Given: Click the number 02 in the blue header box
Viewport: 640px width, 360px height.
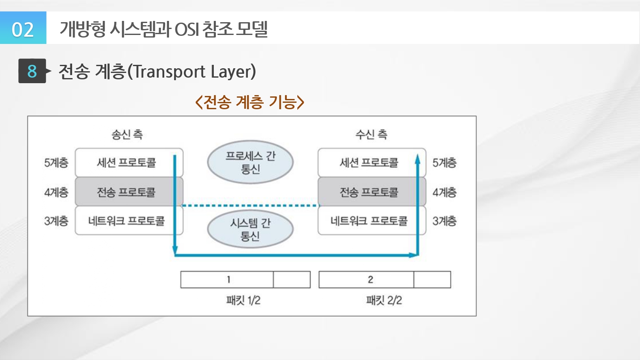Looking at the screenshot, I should (x=23, y=29).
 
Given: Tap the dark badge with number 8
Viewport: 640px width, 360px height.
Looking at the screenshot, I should (x=32, y=71).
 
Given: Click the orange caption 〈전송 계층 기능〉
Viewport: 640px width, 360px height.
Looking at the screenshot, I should (x=250, y=102).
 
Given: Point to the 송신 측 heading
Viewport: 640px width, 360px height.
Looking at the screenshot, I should (x=127, y=135).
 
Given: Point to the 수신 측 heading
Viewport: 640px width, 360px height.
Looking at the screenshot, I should (x=371, y=135).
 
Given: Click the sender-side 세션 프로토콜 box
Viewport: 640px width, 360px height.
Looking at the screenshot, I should (x=126, y=163).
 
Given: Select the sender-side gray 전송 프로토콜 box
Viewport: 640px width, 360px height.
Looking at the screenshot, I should (x=126, y=192).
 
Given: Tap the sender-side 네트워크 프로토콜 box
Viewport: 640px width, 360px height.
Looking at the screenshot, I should (x=126, y=221).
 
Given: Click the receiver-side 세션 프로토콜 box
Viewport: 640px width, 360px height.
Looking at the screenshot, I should (x=369, y=163).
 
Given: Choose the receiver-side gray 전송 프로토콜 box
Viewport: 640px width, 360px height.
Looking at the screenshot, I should (x=369, y=192).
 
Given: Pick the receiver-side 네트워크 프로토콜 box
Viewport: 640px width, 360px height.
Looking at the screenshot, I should (x=369, y=221).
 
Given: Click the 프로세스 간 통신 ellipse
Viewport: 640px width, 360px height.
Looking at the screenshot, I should (x=250, y=162).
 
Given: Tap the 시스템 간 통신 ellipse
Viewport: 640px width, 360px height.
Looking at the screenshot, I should (x=250, y=229).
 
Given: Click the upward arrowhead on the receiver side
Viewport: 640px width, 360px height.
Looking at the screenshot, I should (x=418, y=159).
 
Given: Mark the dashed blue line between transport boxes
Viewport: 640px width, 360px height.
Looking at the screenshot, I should (x=250, y=206).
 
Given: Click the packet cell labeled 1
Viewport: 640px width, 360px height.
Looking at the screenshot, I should (x=228, y=280).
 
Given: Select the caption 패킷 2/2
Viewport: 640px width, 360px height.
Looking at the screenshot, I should (x=384, y=300).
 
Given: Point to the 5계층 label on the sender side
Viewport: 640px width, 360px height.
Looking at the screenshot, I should (x=56, y=163).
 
